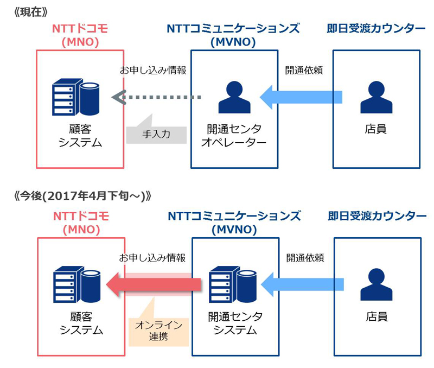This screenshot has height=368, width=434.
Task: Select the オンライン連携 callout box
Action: coord(158,331)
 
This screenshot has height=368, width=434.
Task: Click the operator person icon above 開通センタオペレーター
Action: coord(234,98)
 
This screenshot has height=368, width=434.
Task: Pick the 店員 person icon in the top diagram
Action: coord(376,98)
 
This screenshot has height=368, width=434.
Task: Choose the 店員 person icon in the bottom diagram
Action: coord(376,285)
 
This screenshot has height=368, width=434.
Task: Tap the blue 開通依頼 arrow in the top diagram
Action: coord(301,97)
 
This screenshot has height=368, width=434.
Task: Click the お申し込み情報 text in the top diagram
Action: coord(153,71)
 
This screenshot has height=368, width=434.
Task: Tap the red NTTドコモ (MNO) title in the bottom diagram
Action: coord(81,223)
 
